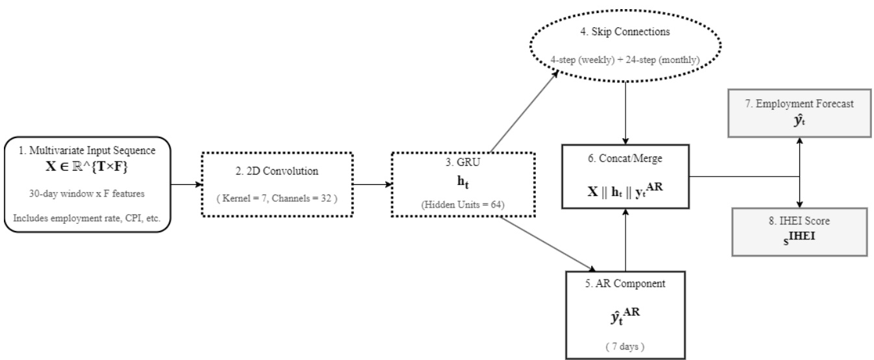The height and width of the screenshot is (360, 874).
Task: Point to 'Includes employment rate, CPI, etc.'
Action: [92, 218]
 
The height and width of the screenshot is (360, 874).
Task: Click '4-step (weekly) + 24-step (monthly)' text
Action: [624, 60]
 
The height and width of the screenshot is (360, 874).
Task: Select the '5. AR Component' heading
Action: [624, 283]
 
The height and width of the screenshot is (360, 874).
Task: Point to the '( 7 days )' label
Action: [624, 342]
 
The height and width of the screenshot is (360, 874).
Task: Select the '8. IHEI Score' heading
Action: [799, 221]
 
